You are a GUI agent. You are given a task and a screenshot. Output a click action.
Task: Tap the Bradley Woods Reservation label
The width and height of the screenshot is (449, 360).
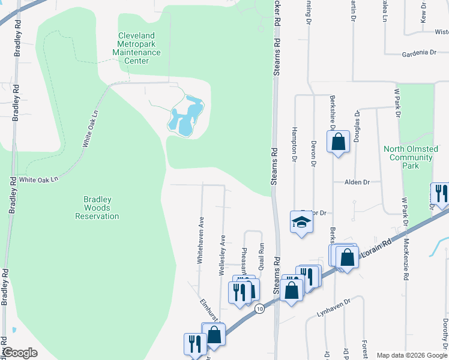[97, 208]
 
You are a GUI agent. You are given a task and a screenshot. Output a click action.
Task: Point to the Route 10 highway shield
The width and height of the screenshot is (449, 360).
[259, 308]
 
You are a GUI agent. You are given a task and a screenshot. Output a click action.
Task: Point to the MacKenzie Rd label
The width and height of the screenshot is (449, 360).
[406, 259]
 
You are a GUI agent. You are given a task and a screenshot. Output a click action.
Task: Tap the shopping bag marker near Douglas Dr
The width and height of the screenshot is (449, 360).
[339, 143]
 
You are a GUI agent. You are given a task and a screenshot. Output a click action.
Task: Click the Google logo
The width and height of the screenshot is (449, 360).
[20, 352]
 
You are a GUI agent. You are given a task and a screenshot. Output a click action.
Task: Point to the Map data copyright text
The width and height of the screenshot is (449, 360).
[411, 355]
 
